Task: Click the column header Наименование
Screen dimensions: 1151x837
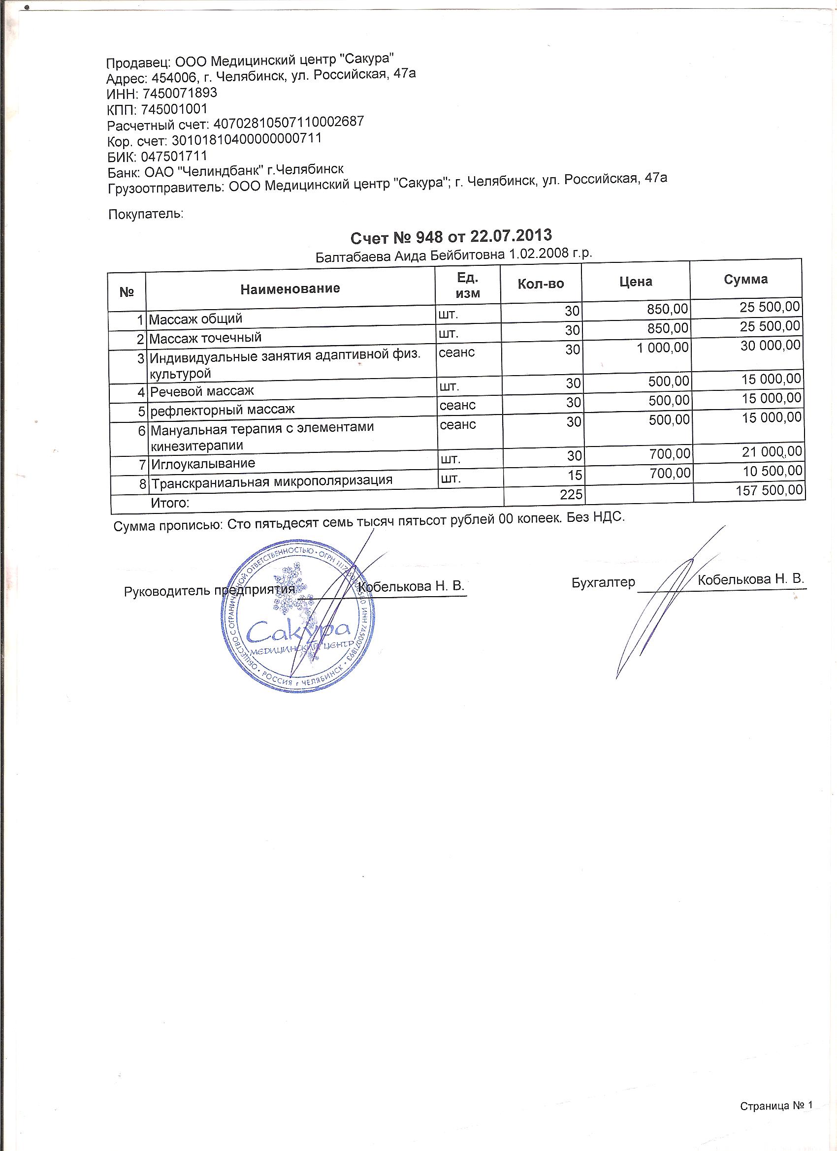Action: pyautogui.click(x=290, y=289)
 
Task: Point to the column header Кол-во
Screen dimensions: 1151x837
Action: pyautogui.click(x=541, y=283)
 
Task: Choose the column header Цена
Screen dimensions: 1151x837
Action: pyautogui.click(x=636, y=282)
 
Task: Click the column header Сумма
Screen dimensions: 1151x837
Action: pyautogui.click(x=745, y=279)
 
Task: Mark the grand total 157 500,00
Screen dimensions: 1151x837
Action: pyautogui.click(x=769, y=490)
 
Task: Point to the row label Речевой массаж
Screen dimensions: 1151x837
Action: pyautogui.click(x=202, y=391)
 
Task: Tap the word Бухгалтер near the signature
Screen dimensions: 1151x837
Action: pyautogui.click(x=603, y=582)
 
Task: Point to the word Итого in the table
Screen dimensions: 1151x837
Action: pyautogui.click(x=170, y=504)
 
